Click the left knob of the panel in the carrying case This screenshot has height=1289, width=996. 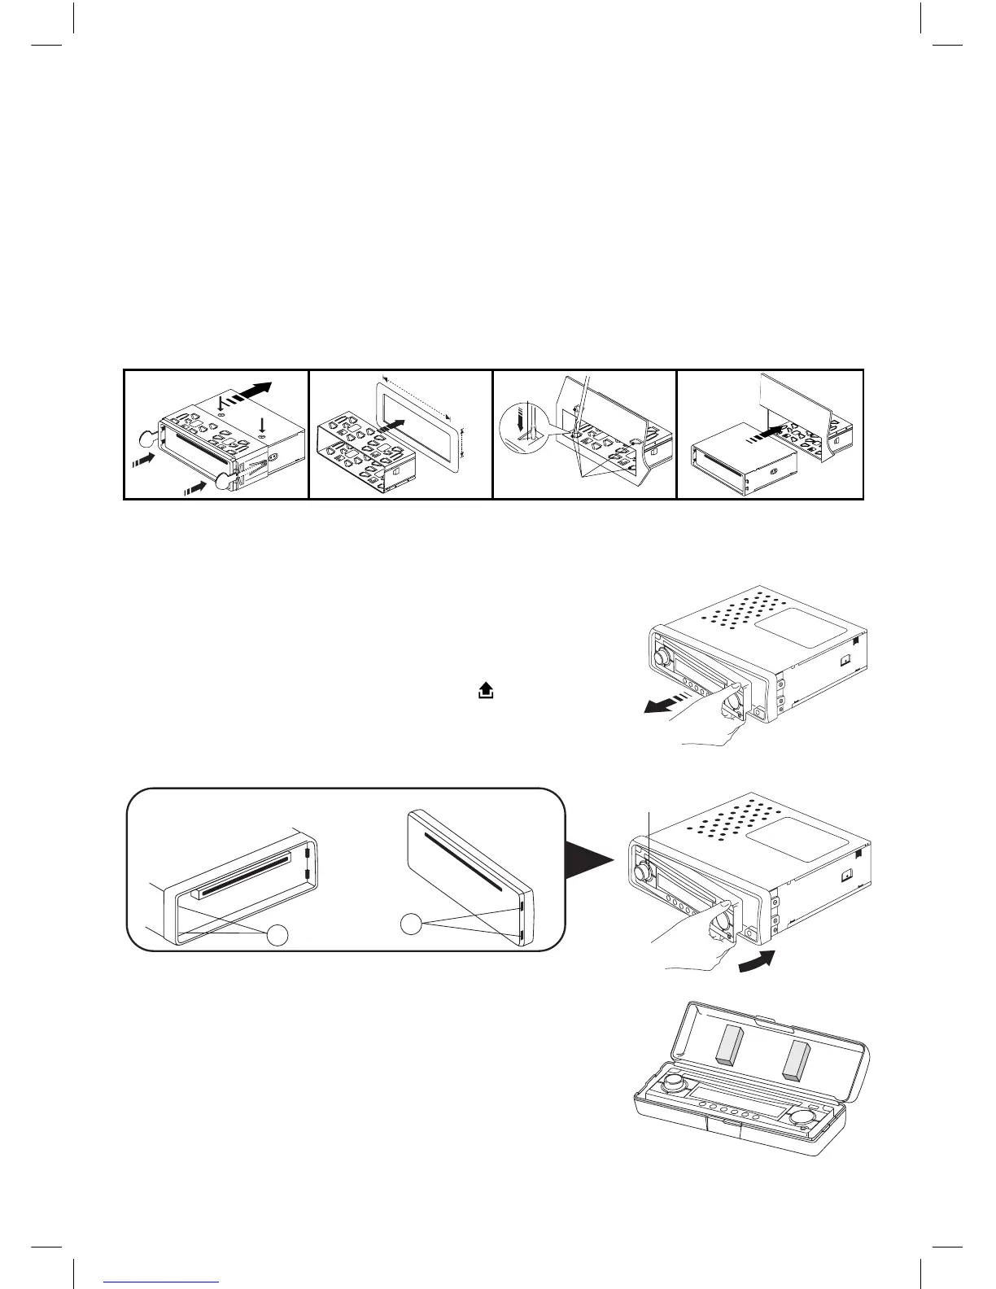(x=674, y=1082)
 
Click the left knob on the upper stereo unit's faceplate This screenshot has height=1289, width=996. (x=663, y=653)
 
